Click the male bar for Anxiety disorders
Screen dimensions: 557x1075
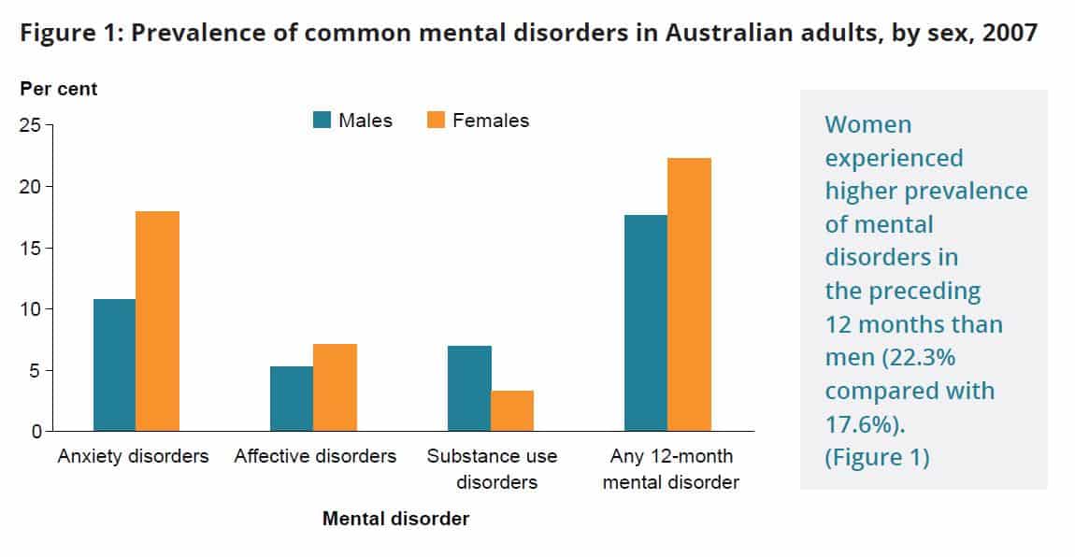(114, 365)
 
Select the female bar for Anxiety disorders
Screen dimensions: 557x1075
(157, 321)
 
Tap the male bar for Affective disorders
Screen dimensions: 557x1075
(291, 399)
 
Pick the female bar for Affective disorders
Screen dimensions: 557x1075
(334, 388)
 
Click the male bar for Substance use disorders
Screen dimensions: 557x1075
(469, 389)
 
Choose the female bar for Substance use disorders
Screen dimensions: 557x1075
(512, 411)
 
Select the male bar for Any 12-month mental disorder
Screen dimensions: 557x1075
(646, 323)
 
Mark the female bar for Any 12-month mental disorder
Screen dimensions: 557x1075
(689, 295)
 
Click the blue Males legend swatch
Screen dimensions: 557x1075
(322, 120)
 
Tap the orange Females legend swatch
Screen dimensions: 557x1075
(437, 120)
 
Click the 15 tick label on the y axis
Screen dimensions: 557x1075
(30, 248)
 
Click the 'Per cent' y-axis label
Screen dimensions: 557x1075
(59, 90)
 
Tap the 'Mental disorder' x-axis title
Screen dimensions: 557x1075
(395, 519)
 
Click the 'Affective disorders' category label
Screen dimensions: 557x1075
(315, 457)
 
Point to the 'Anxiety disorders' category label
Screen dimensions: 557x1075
(133, 457)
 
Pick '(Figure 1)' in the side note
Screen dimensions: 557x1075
(877, 459)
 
